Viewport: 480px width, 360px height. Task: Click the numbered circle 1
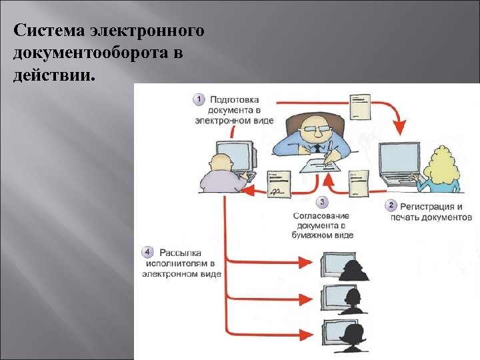point(198,99)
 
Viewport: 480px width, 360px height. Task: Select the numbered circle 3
point(323,201)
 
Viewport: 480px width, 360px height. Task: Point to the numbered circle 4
point(147,252)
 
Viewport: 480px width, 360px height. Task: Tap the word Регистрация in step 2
point(427,206)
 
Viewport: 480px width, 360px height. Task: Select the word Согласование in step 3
point(321,215)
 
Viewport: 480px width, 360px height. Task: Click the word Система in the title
point(44,31)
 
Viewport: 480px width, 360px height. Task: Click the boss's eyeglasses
point(313,129)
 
